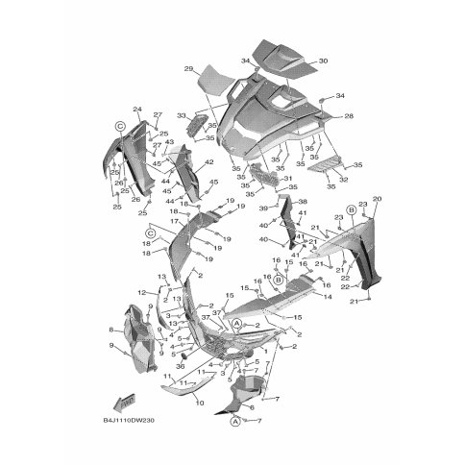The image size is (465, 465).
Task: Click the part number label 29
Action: point(188,68)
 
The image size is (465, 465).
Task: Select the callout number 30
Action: point(323,61)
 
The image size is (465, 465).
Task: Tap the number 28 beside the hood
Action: point(349,116)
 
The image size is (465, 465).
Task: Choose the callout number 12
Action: point(141,291)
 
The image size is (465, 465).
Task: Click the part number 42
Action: point(208,163)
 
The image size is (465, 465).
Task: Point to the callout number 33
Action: point(180,115)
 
